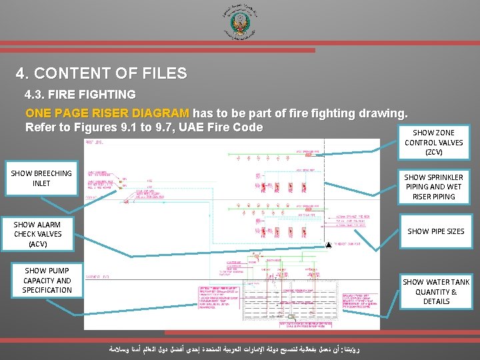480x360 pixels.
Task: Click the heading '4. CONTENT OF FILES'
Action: [102, 73]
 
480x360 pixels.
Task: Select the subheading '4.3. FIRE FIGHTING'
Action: [81, 95]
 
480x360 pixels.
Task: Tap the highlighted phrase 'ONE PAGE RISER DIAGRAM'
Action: [107, 113]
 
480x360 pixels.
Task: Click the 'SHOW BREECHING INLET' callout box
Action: [41, 178]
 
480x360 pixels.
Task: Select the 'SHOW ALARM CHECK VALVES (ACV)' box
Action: [37, 234]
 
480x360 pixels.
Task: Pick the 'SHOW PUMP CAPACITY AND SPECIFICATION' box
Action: [47, 280]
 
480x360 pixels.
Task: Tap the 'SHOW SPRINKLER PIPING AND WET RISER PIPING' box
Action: [433, 187]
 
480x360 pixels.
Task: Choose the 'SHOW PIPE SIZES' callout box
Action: [436, 231]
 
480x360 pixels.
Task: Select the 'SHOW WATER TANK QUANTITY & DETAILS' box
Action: [436, 291]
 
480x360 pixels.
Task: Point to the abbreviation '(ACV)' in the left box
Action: [37, 244]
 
